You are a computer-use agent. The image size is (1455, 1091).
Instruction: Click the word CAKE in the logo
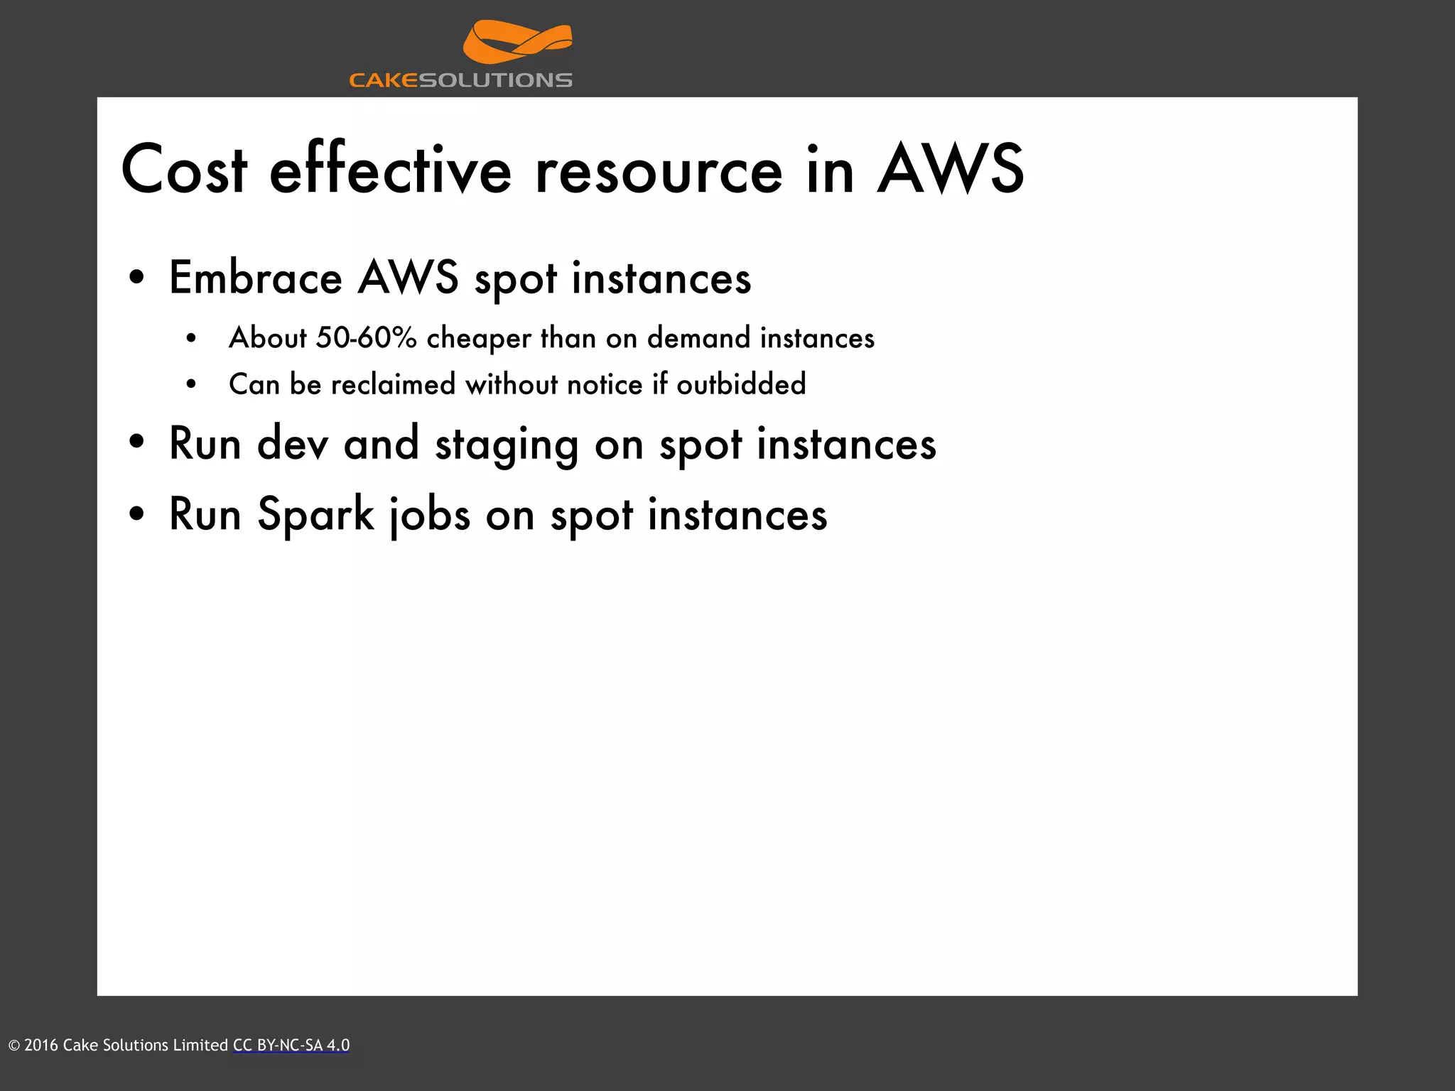tap(384, 80)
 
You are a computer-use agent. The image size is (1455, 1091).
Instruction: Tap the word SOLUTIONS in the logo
tap(495, 80)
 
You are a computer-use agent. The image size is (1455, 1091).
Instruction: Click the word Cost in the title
tap(184, 170)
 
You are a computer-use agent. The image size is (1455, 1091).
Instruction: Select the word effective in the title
tap(390, 170)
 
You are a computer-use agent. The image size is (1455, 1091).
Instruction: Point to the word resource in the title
tap(659, 170)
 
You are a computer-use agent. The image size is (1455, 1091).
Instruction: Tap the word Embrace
tap(256, 278)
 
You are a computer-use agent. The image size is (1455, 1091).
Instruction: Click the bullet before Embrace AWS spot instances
tap(137, 278)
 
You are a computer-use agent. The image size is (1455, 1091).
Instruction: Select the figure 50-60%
tap(367, 338)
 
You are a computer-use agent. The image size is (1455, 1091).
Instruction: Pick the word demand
tap(698, 338)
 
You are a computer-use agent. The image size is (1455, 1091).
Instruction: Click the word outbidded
tap(741, 385)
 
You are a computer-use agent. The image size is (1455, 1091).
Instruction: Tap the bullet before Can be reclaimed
tap(190, 385)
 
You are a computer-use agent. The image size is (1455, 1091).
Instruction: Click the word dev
tap(293, 444)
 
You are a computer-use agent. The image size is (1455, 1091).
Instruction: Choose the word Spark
tap(315, 515)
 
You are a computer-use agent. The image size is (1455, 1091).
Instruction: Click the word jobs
tap(430, 515)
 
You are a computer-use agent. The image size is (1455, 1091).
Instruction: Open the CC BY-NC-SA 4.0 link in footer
tap(291, 1046)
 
